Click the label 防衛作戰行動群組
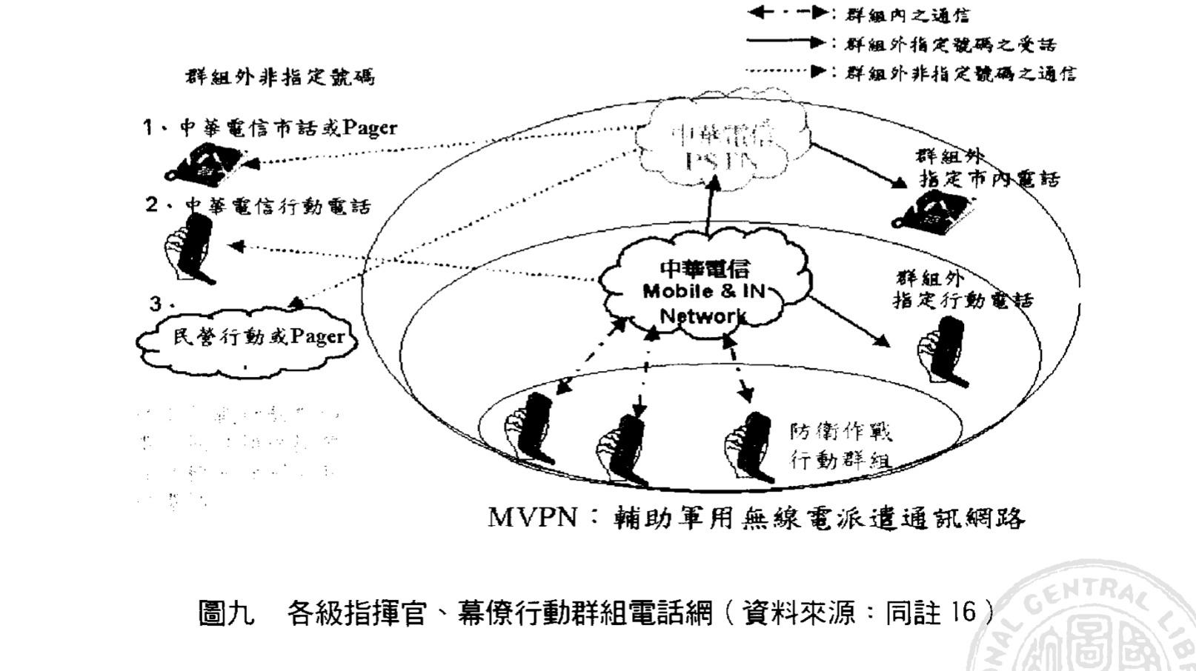tap(840, 445)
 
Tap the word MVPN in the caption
tap(532, 517)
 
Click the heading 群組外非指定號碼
tap(279, 77)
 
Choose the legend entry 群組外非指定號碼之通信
tap(960, 73)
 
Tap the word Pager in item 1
tap(369, 127)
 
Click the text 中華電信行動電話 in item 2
tap(277, 206)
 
